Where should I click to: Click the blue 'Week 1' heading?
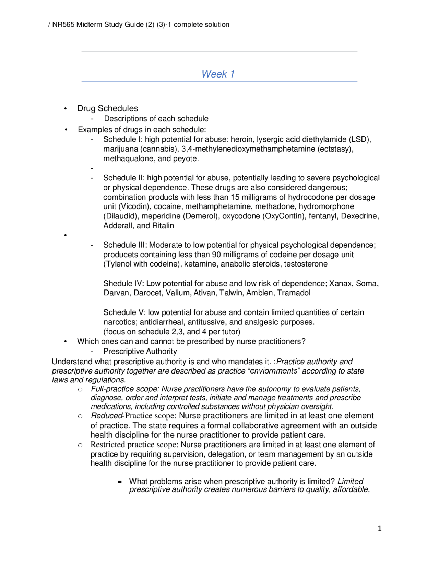click(x=218, y=74)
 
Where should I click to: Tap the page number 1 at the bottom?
click(x=379, y=529)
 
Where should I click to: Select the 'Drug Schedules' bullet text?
click(x=107, y=108)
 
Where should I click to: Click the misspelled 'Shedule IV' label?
click(x=123, y=283)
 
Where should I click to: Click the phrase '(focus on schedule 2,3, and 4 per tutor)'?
click(x=171, y=332)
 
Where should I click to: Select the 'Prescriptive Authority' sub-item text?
click(x=140, y=351)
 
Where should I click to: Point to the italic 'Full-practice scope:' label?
click(x=125, y=389)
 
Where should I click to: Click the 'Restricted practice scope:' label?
click(x=134, y=445)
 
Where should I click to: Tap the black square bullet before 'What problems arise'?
click(x=120, y=482)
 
